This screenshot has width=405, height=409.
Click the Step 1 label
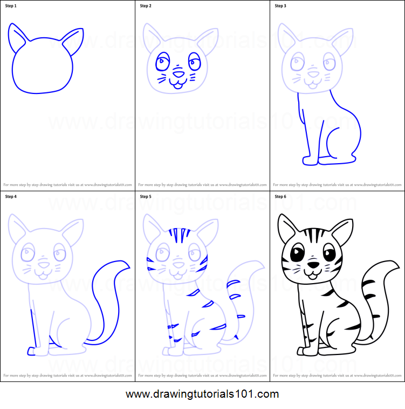(11, 6)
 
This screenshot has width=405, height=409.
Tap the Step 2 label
(146, 6)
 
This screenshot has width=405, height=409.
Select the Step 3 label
(280, 6)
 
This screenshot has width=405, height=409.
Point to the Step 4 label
(11, 197)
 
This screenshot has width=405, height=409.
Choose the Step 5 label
(146, 197)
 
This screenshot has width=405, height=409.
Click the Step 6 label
(280, 197)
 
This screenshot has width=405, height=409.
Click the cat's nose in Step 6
(313, 264)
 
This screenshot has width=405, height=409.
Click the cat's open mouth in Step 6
(312, 274)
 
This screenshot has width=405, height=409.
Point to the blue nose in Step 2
(179, 73)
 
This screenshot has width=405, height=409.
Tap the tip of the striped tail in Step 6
(397, 264)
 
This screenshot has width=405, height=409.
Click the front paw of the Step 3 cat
(311, 161)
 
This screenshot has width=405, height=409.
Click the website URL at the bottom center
(202, 394)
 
